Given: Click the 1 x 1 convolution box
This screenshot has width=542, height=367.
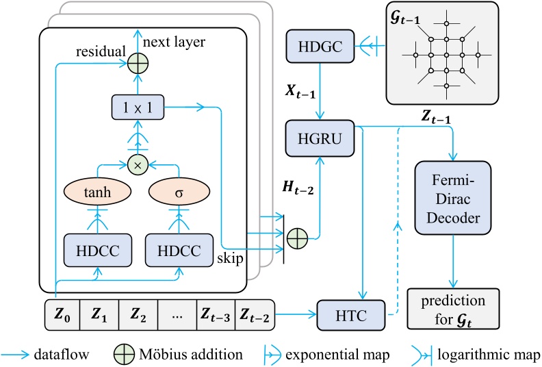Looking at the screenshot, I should [x=139, y=106].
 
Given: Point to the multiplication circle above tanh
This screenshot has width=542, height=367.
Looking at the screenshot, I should [x=139, y=165].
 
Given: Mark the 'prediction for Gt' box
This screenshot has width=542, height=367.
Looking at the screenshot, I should [x=453, y=307].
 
